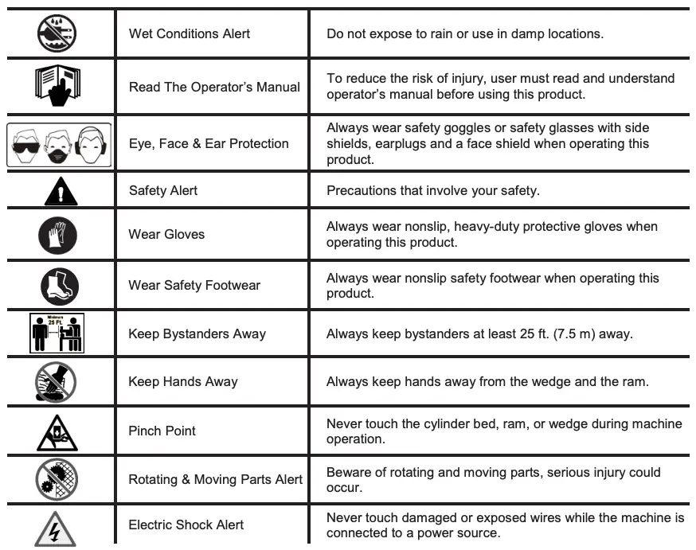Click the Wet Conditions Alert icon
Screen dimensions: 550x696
59,33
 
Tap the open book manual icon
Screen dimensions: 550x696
59,87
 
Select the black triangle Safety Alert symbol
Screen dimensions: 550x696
61,191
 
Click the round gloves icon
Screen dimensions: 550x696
59,234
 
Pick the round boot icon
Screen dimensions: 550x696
60,285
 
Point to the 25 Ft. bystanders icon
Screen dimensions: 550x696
59,334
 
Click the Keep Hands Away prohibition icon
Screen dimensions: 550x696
59,381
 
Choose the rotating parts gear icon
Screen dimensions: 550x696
57,479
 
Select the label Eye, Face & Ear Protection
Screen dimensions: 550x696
209,143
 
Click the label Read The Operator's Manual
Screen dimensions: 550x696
214,87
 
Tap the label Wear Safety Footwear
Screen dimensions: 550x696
194,285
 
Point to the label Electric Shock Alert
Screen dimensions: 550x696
186,525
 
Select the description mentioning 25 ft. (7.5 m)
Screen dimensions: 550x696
479,334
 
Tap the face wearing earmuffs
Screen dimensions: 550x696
92,144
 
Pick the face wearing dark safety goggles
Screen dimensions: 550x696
25,144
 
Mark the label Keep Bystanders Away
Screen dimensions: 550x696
197,334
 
